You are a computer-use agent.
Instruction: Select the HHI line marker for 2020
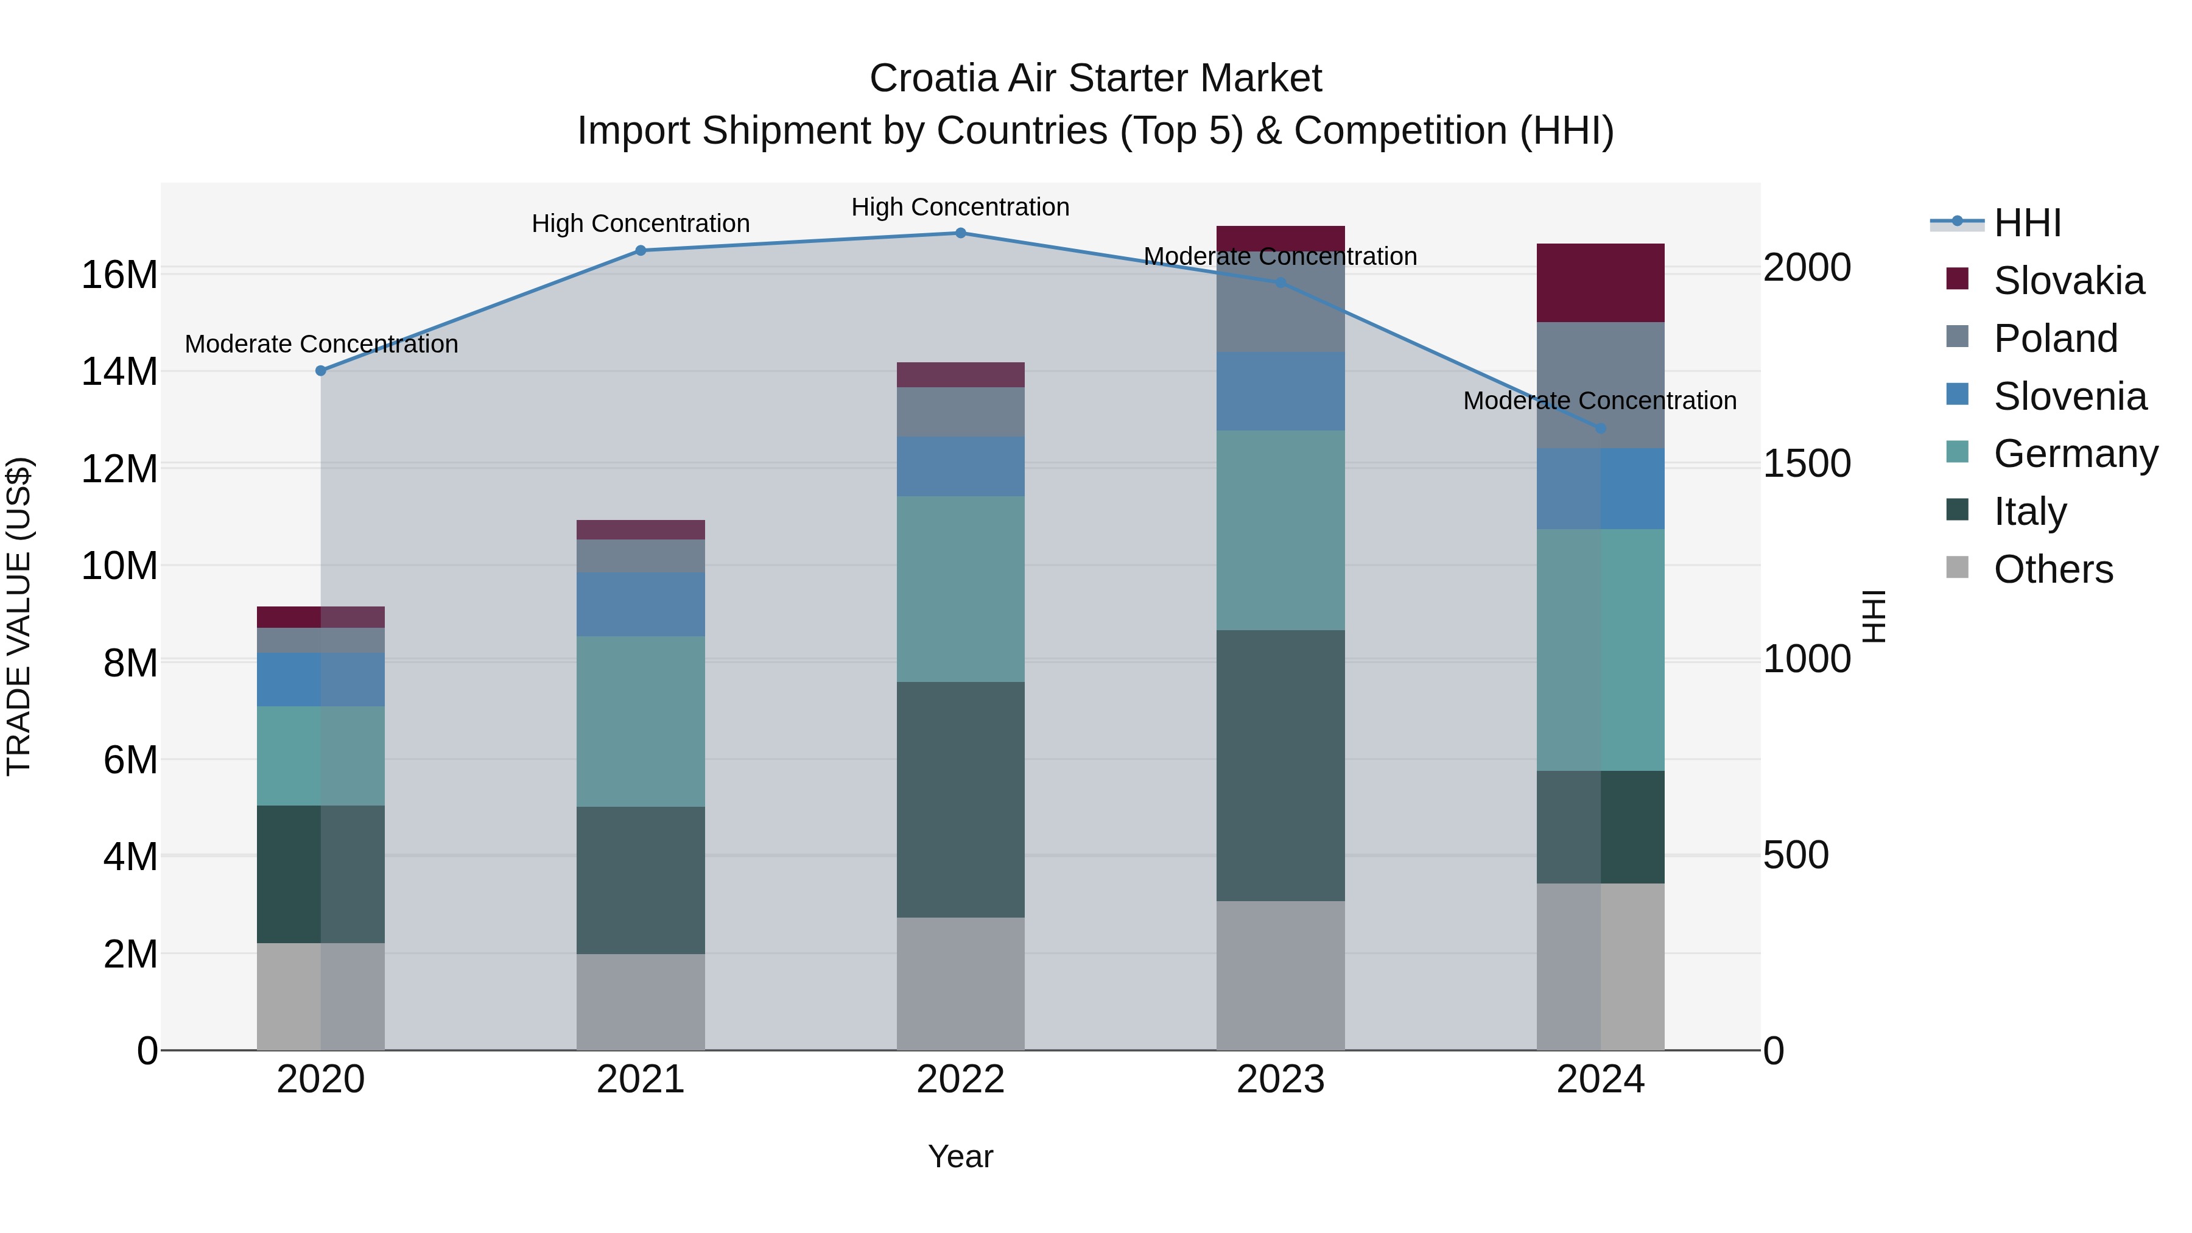(x=321, y=371)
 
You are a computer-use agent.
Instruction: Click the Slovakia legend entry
(x=2068, y=281)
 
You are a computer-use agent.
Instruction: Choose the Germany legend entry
(x=2074, y=454)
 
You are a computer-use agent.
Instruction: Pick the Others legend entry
(x=2053, y=569)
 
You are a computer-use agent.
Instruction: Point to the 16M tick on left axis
(x=119, y=275)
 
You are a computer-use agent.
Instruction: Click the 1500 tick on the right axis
(x=1806, y=464)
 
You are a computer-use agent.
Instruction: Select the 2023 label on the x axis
(x=1280, y=1080)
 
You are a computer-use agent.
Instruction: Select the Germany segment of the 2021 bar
(x=640, y=721)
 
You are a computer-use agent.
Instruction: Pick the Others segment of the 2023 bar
(x=1280, y=975)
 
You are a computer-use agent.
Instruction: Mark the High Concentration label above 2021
(x=640, y=224)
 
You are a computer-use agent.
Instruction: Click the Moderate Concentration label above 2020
(x=321, y=344)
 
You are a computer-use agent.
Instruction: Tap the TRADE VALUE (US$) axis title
(x=19, y=616)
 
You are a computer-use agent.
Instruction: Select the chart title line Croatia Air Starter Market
(x=1095, y=79)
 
